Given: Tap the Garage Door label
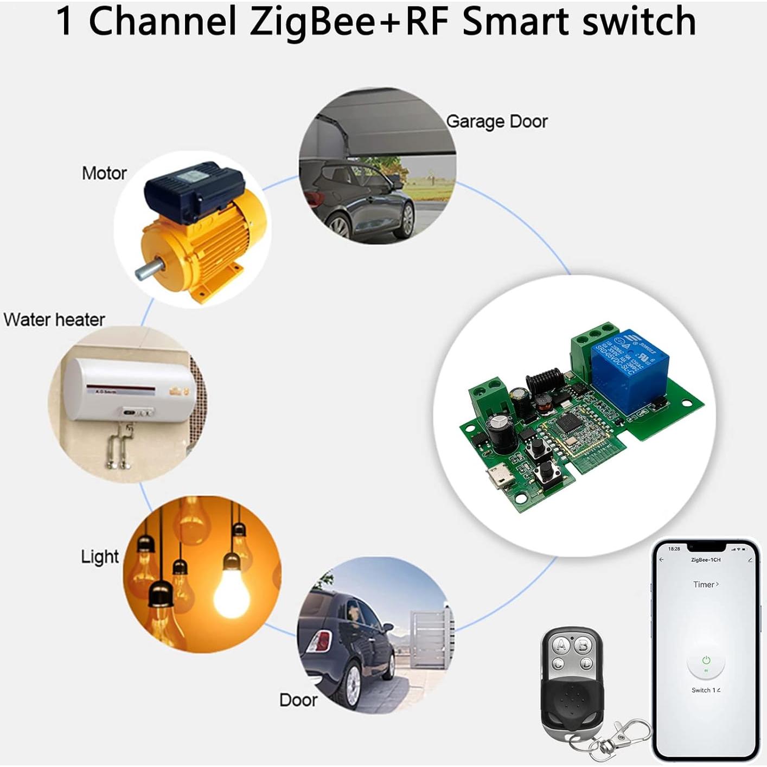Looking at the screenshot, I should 496,122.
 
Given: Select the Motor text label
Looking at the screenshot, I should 104,174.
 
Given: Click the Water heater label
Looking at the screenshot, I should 54,319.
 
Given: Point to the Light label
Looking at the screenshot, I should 100,557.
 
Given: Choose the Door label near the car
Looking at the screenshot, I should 298,700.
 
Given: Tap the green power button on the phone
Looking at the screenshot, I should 706,661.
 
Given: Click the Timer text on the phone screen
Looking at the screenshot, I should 705,584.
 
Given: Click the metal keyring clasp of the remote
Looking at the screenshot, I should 629,732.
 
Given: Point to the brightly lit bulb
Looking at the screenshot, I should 231,591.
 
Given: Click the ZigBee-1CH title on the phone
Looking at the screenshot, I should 706,560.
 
